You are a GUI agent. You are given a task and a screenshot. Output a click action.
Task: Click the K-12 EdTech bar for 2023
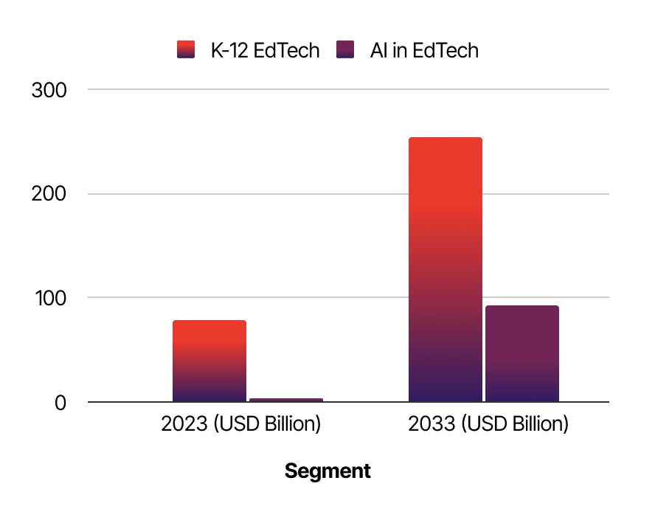pyautogui.click(x=209, y=361)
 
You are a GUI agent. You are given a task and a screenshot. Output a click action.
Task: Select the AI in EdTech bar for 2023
pyautogui.click(x=286, y=400)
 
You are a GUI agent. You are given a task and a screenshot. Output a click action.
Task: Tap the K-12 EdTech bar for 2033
pyautogui.click(x=446, y=269)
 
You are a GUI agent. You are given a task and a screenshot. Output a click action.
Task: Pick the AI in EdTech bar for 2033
pyautogui.click(x=522, y=353)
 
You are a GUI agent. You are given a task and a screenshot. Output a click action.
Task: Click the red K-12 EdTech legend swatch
pyautogui.click(x=186, y=50)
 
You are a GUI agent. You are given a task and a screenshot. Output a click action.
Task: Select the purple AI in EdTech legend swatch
pyautogui.click(x=345, y=50)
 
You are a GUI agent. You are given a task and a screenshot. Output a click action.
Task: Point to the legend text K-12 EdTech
pyautogui.click(x=265, y=50)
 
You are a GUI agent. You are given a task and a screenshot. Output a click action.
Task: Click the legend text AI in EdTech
pyautogui.click(x=424, y=50)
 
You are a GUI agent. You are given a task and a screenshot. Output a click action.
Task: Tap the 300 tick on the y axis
pyautogui.click(x=49, y=90)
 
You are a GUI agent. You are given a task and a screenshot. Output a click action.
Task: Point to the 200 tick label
pyautogui.click(x=49, y=194)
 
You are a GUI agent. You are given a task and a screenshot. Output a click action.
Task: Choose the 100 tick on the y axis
pyautogui.click(x=49, y=298)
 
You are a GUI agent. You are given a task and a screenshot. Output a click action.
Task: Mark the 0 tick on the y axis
pyautogui.click(x=58, y=403)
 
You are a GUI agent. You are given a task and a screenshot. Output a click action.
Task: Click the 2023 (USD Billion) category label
pyautogui.click(x=241, y=425)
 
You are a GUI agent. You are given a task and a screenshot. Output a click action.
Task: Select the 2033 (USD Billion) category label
pyautogui.click(x=488, y=425)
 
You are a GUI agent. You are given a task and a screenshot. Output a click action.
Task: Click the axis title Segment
pyautogui.click(x=327, y=471)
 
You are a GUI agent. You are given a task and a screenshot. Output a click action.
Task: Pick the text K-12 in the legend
pyautogui.click(x=232, y=50)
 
